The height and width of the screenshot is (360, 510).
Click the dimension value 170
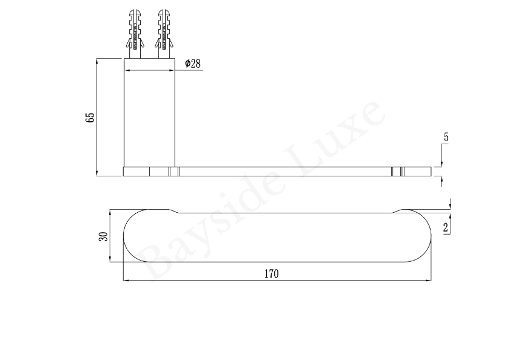[271, 274]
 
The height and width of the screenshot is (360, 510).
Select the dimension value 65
[90, 118]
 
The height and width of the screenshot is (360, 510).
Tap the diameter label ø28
[193, 64]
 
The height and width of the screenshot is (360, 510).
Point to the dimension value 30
[103, 236]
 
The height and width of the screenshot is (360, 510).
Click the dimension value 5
[446, 137]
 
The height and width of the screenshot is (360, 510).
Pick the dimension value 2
[446, 228]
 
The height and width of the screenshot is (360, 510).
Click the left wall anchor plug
[135, 34]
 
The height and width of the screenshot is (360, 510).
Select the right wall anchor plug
[164, 34]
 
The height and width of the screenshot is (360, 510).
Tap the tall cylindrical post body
[149, 113]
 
